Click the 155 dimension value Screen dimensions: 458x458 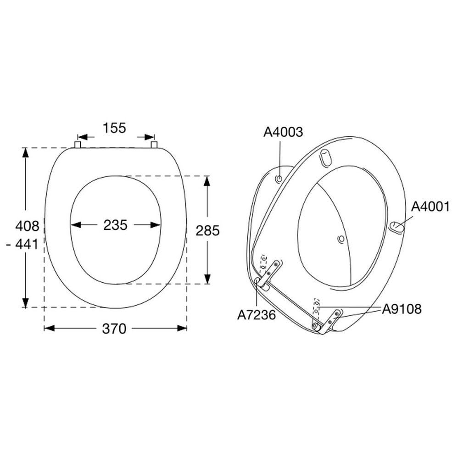[x=114, y=128]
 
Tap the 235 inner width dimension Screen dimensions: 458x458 [x=115, y=225]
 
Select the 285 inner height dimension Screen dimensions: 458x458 [x=207, y=231]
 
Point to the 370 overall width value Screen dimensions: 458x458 [x=114, y=329]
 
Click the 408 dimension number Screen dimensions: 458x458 [x=27, y=226]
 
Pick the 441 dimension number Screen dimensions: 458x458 [x=27, y=245]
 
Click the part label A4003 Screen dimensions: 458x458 [x=283, y=132]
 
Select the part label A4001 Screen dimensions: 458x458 [x=430, y=207]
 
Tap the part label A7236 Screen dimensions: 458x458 [x=257, y=315]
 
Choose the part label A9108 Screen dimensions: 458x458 [x=402, y=309]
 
